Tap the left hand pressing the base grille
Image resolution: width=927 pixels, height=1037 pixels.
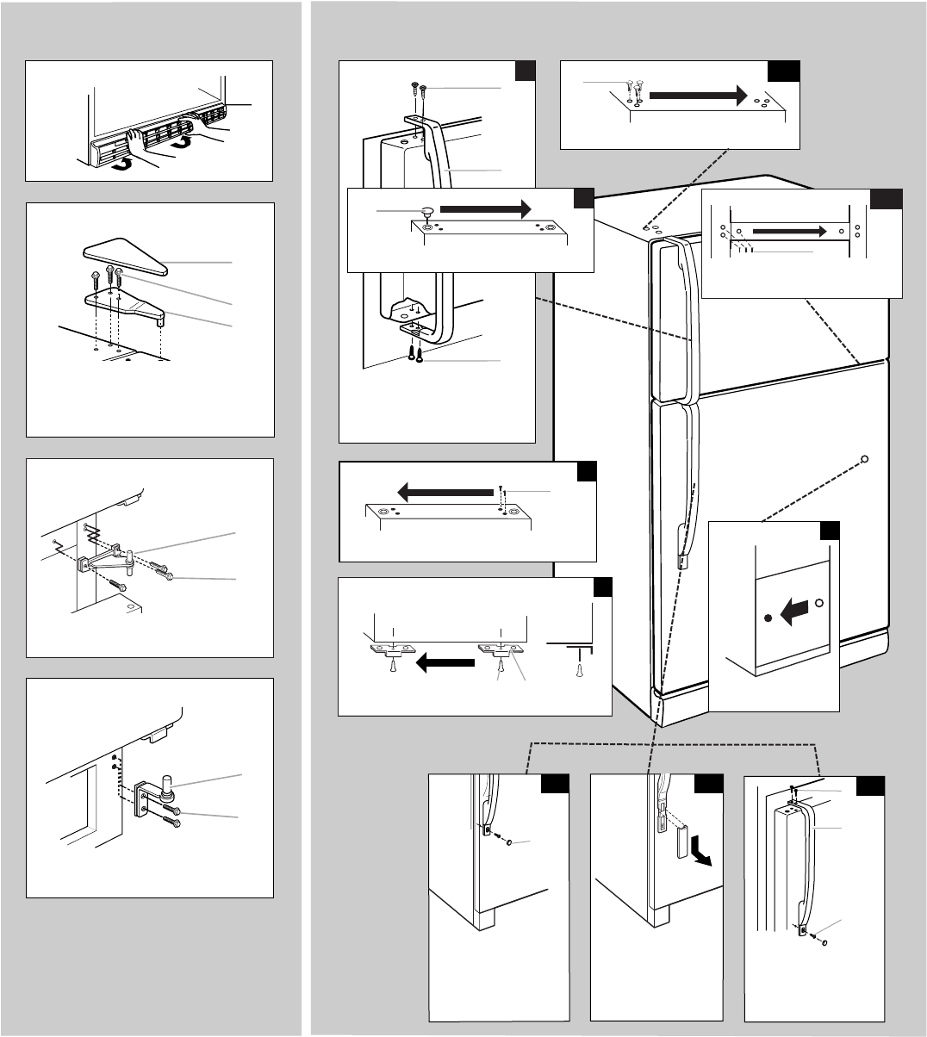[x=139, y=142]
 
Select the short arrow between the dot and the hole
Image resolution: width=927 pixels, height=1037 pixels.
[x=793, y=612]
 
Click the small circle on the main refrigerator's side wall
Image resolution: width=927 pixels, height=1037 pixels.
[x=864, y=458]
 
